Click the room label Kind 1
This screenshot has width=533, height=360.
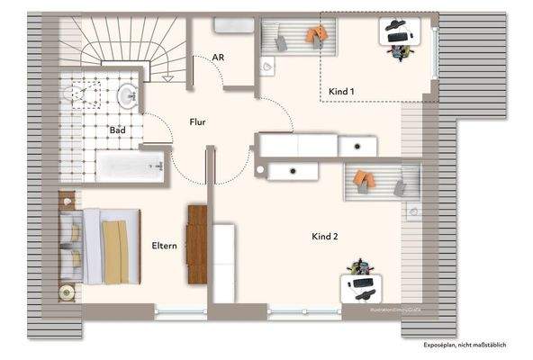coord(341,92)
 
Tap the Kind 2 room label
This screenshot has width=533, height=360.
coord(324,237)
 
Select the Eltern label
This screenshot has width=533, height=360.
coord(164,245)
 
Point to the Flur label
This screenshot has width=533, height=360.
coord(199,121)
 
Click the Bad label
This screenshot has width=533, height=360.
coord(117,130)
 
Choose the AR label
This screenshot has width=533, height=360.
coord(218,58)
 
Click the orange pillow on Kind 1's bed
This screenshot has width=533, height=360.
coord(316,35)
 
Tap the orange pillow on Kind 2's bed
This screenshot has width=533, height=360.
coord(363,180)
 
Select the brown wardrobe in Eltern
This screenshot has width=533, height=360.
coord(197,236)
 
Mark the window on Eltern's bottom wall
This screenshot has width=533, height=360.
coord(180,312)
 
